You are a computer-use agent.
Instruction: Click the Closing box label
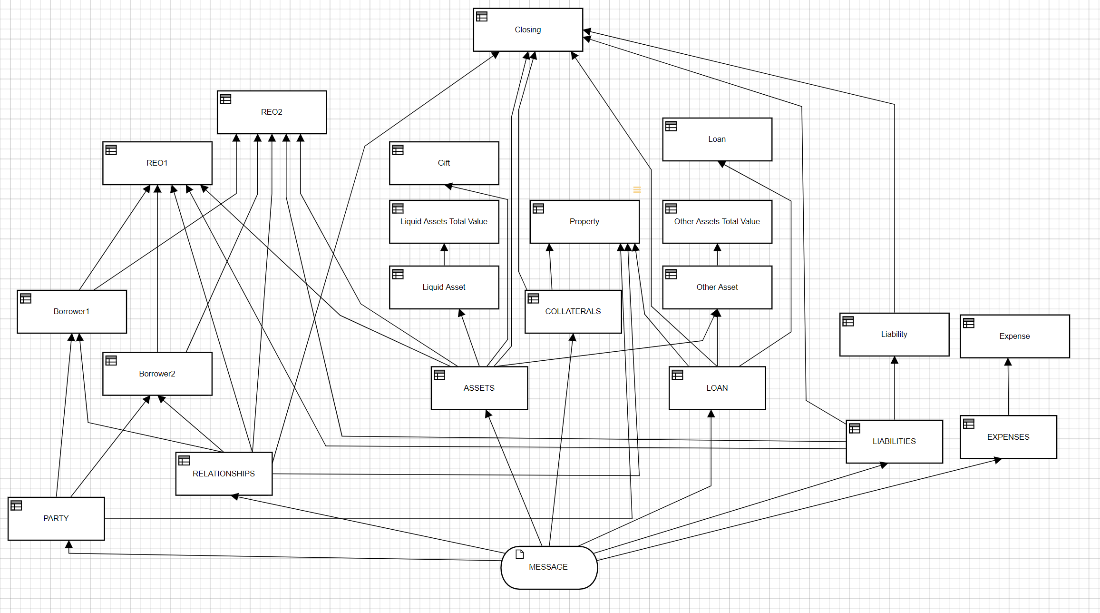(x=527, y=30)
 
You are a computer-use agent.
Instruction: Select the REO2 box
(x=272, y=112)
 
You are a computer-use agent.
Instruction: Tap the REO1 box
(x=157, y=163)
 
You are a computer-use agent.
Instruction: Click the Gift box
(x=444, y=163)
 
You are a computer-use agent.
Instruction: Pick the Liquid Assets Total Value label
(x=444, y=221)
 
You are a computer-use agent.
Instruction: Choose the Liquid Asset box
(x=444, y=287)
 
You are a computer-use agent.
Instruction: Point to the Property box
(x=584, y=222)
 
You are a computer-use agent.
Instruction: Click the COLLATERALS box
(x=573, y=312)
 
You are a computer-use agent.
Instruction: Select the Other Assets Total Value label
(x=717, y=221)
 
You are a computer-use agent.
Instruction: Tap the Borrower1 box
(x=71, y=312)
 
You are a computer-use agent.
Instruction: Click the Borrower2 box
(x=157, y=374)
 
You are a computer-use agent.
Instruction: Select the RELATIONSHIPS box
(x=224, y=474)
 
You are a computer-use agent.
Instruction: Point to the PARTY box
(x=56, y=519)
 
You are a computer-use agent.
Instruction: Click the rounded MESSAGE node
(x=549, y=567)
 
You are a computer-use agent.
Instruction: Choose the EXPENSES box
(x=1008, y=437)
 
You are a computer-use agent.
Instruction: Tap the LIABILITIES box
(x=894, y=442)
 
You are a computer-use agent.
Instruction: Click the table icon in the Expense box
(x=969, y=323)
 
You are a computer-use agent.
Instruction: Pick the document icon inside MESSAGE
(x=520, y=554)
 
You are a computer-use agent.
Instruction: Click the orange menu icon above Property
(x=637, y=190)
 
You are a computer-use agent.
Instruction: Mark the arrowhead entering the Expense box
(x=1008, y=362)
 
